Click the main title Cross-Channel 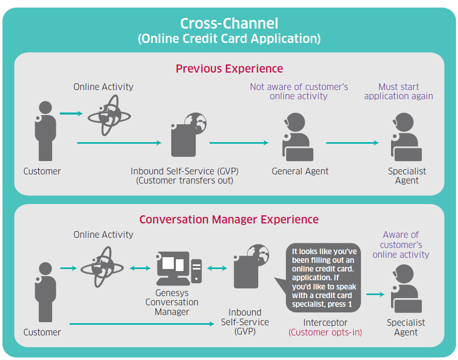(x=229, y=24)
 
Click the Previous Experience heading (x=229, y=69)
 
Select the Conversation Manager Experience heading (x=229, y=219)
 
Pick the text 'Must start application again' (x=398, y=92)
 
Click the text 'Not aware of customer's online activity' (x=299, y=92)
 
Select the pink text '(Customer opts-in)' (x=325, y=332)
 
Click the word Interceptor (x=325, y=323)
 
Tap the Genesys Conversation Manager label (x=172, y=302)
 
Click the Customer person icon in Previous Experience (x=45, y=131)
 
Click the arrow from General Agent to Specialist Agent (x=352, y=143)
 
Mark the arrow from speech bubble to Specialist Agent (x=375, y=295)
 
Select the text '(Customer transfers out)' (x=185, y=181)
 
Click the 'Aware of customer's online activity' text (x=401, y=244)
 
